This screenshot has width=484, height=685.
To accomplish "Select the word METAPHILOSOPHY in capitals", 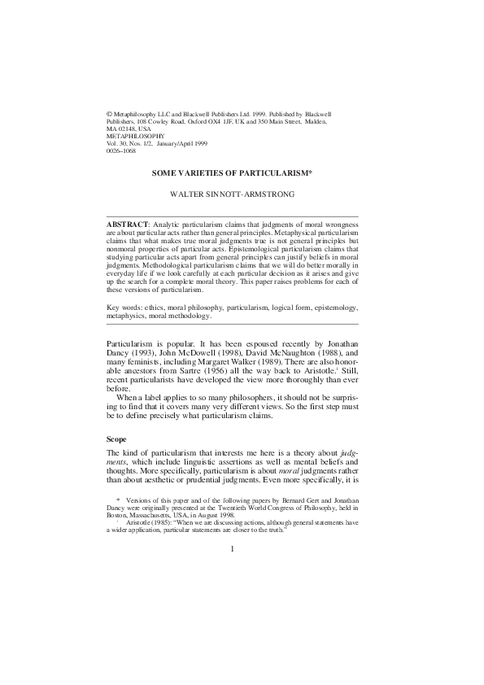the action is (x=136, y=135).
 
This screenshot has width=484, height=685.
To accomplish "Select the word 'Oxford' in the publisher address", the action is (x=199, y=120).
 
